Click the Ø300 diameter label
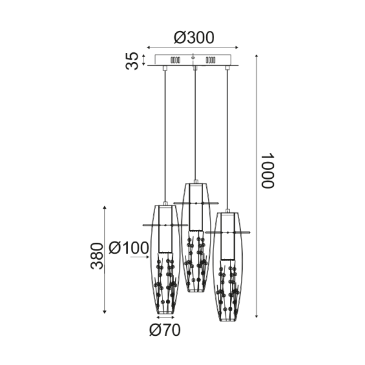pos(193,37)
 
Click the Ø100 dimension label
pos(128,248)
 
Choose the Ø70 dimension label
pos(165,330)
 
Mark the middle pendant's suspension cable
pos(194,122)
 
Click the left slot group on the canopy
pos(175,61)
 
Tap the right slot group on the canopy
pos(212,61)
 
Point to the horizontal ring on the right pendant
pos(228,232)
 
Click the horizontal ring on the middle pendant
pos(195,202)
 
